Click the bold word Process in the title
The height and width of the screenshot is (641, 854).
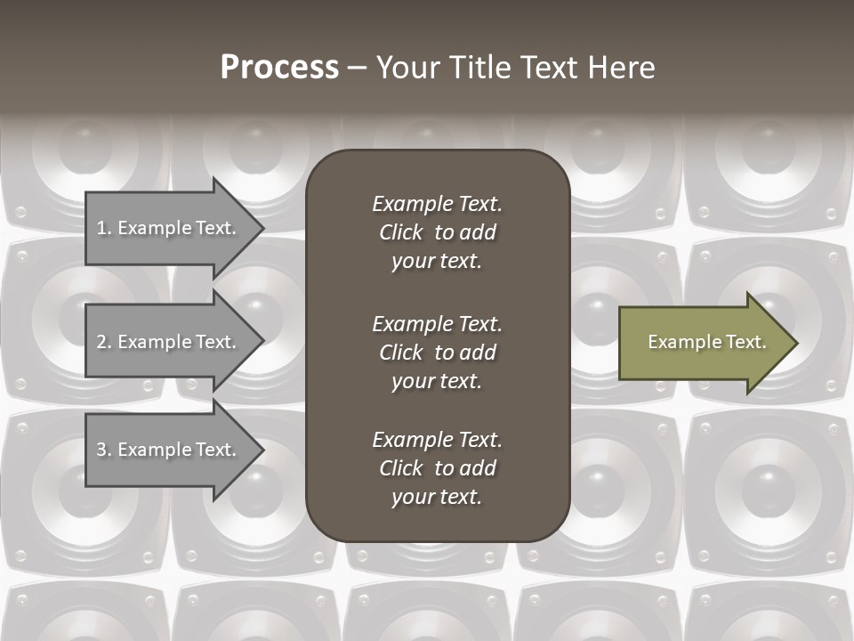(x=279, y=68)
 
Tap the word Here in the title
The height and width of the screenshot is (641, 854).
(x=622, y=68)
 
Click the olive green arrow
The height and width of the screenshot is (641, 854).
(x=703, y=343)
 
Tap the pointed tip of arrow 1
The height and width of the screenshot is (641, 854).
(x=262, y=228)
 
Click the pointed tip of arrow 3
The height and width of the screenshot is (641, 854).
(x=262, y=450)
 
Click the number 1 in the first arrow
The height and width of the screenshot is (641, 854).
(x=101, y=228)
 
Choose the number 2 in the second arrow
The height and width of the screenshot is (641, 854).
(x=101, y=342)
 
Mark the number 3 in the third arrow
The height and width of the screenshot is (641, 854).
(x=101, y=450)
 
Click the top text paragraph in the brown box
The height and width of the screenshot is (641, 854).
(x=437, y=232)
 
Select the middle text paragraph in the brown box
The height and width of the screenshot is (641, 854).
(x=437, y=353)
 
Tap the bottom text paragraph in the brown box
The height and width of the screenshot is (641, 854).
(x=437, y=468)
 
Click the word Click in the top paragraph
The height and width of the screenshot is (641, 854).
(x=400, y=232)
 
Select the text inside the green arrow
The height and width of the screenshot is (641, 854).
(x=706, y=342)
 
